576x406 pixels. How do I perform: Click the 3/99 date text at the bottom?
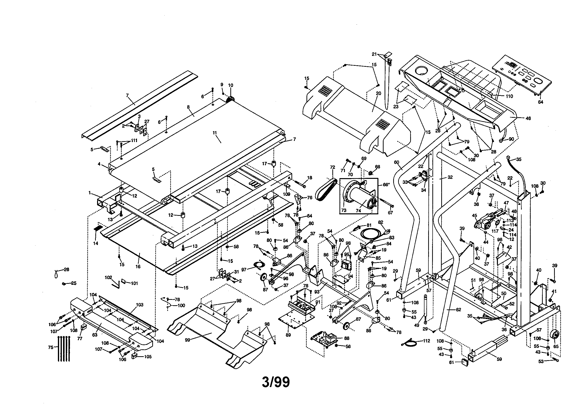pyautogui.click(x=276, y=382)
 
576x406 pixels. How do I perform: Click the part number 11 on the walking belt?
pyautogui.click(x=215, y=133)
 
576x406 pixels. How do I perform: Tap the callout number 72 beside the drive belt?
pyautogui.click(x=332, y=167)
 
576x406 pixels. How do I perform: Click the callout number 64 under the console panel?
pyautogui.click(x=540, y=102)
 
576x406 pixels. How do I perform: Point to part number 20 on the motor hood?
pyautogui.click(x=378, y=93)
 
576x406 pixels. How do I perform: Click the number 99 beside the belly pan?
pyautogui.click(x=187, y=340)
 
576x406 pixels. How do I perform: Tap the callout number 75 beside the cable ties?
pyautogui.click(x=51, y=347)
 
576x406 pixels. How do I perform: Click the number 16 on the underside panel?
pyautogui.click(x=138, y=267)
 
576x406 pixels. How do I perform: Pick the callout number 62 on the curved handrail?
pyautogui.click(x=458, y=310)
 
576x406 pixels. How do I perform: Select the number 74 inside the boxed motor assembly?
pyautogui.click(x=358, y=211)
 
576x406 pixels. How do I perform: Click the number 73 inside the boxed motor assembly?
pyautogui.click(x=344, y=210)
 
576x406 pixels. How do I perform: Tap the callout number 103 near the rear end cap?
pyautogui.click(x=139, y=305)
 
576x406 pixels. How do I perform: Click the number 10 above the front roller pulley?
pyautogui.click(x=230, y=85)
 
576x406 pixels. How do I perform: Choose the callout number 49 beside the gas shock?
pyautogui.click(x=417, y=325)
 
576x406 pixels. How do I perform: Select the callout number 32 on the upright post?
pyautogui.click(x=450, y=177)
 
